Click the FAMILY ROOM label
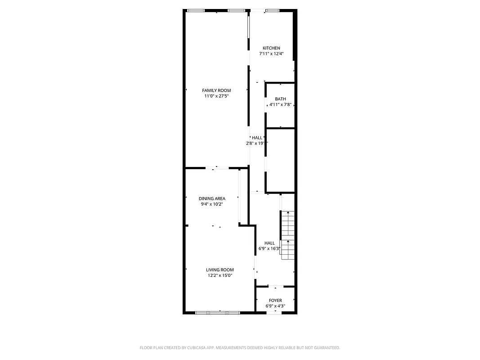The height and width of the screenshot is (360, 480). tap(216, 90)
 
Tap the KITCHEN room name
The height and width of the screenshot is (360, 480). tap(271, 48)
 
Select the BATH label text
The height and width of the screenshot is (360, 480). tap(280, 99)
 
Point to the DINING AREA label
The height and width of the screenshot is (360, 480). tap(212, 198)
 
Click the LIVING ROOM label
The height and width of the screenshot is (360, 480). tap(220, 270)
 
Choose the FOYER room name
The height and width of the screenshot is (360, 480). tap(275, 301)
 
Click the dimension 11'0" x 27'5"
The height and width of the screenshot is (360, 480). tap(216, 96)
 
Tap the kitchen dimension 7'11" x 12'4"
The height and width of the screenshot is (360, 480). tap(271, 54)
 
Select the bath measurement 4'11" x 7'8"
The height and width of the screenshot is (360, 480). tap(280, 104)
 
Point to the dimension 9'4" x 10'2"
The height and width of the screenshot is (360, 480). tap(212, 204)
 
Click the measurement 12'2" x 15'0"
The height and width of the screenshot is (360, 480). tap(220, 275)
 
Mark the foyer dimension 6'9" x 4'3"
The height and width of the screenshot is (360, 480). tap(275, 306)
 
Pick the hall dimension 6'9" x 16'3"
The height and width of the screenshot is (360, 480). tap(269, 248)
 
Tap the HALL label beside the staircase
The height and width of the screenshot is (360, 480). tap(269, 243)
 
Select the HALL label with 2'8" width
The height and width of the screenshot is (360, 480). tap(257, 138)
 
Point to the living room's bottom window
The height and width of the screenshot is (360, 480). tap(218, 312)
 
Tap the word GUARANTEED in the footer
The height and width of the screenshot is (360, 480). tap(324, 348)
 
